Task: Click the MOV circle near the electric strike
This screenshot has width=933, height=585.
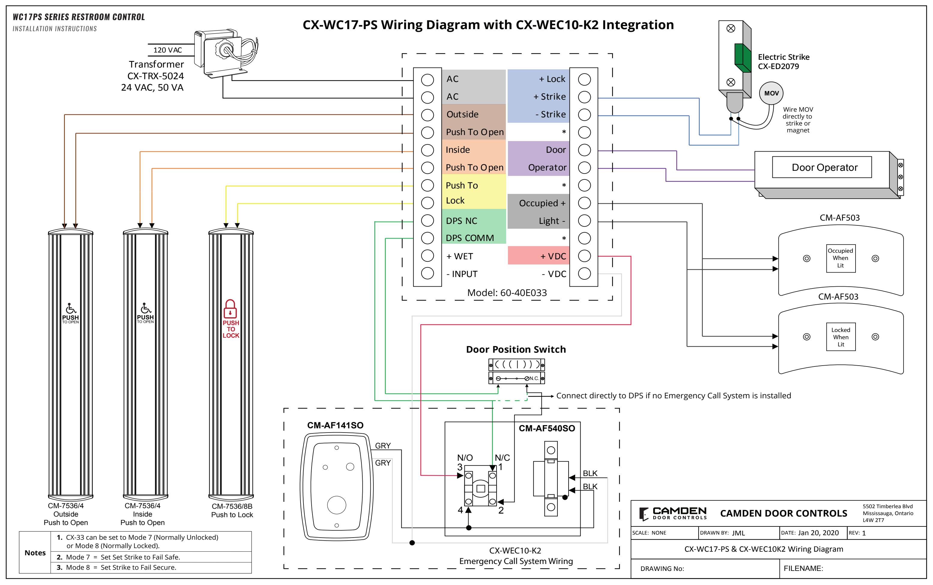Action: click(771, 93)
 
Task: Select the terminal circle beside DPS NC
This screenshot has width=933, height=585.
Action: click(427, 221)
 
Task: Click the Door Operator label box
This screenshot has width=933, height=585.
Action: click(822, 167)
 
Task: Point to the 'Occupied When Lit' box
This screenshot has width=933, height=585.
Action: click(841, 258)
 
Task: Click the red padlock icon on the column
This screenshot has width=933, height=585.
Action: click(230, 309)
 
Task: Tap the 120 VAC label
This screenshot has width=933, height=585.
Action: click(168, 50)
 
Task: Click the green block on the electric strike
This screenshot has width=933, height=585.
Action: click(742, 58)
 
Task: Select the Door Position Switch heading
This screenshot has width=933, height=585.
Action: click(516, 349)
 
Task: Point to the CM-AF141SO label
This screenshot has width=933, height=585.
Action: click(335, 425)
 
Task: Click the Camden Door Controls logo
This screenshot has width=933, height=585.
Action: click(673, 514)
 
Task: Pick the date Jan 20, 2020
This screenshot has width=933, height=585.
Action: click(818, 533)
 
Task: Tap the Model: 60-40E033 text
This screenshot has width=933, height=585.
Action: click(507, 292)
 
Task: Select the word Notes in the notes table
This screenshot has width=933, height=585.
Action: click(35, 553)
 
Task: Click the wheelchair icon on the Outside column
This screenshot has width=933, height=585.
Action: click(71, 308)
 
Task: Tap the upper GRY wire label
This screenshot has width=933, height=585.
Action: click(383, 446)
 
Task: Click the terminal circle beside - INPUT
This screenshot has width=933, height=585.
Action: click(427, 273)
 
